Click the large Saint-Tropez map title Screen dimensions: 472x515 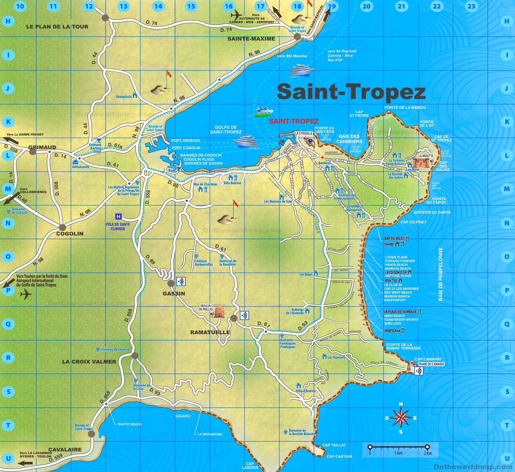click(x=351, y=92)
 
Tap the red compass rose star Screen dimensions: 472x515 click(x=401, y=418)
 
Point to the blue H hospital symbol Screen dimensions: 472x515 click(x=118, y=216)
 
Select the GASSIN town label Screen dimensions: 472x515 click(x=174, y=294)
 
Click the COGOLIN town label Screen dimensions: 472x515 click(x=70, y=234)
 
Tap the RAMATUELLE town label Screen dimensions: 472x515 click(x=210, y=332)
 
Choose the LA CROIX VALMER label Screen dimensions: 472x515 click(x=89, y=362)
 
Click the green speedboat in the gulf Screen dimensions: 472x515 click(x=263, y=112)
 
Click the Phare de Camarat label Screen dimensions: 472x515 click(x=431, y=364)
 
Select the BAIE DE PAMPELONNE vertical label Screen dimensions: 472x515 click(x=440, y=274)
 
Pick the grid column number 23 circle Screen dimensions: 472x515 click(x=471, y=6)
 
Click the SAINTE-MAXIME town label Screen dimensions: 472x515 click(x=251, y=39)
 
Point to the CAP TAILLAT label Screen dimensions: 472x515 click(x=334, y=445)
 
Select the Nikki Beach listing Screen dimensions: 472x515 click(x=394, y=316)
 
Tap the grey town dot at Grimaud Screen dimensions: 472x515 click(x=32, y=152)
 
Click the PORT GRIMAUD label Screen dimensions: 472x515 click(x=186, y=140)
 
